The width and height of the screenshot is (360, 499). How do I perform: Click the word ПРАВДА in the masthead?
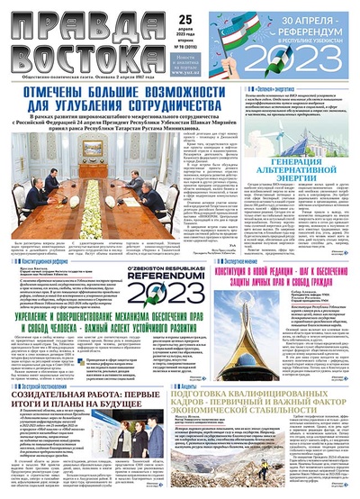pos(64,20)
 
